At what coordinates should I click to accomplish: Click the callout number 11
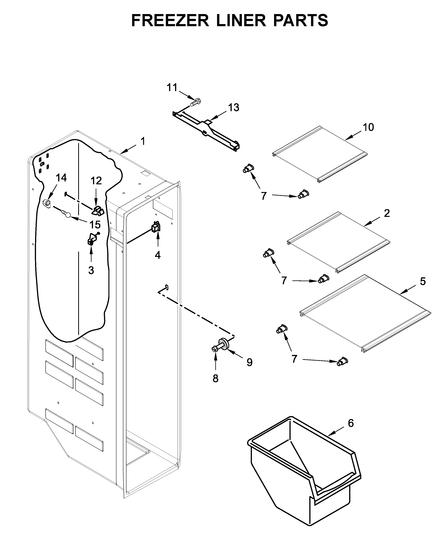click(172, 87)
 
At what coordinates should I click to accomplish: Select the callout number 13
click(233, 107)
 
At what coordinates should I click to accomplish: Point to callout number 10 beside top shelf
click(368, 127)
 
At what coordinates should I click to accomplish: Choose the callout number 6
click(351, 423)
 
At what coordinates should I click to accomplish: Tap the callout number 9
click(249, 362)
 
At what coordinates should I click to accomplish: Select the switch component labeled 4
click(156, 227)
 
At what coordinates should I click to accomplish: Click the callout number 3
click(91, 270)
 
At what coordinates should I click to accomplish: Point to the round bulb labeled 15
click(67, 215)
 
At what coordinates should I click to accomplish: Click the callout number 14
click(61, 178)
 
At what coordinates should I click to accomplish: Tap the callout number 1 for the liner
click(143, 141)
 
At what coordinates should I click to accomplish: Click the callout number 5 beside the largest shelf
click(423, 281)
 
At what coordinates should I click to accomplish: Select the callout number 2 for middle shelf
click(387, 213)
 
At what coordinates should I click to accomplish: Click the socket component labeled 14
click(46, 203)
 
